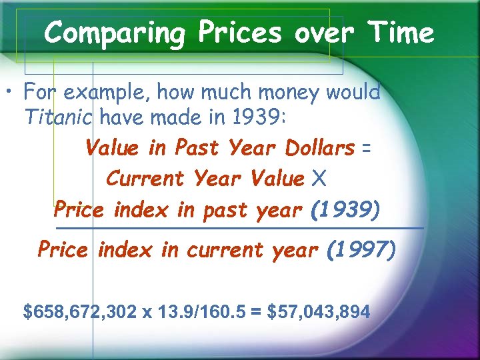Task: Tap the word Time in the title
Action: pos(401,32)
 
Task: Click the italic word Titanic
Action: pos(61,117)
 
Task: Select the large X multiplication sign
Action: pos(319,179)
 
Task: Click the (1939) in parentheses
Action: pos(345,211)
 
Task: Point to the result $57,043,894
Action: pos(318,311)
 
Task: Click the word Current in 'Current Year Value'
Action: pos(145,179)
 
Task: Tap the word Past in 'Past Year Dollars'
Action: pos(198,148)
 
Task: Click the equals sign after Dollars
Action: pos(366,148)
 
